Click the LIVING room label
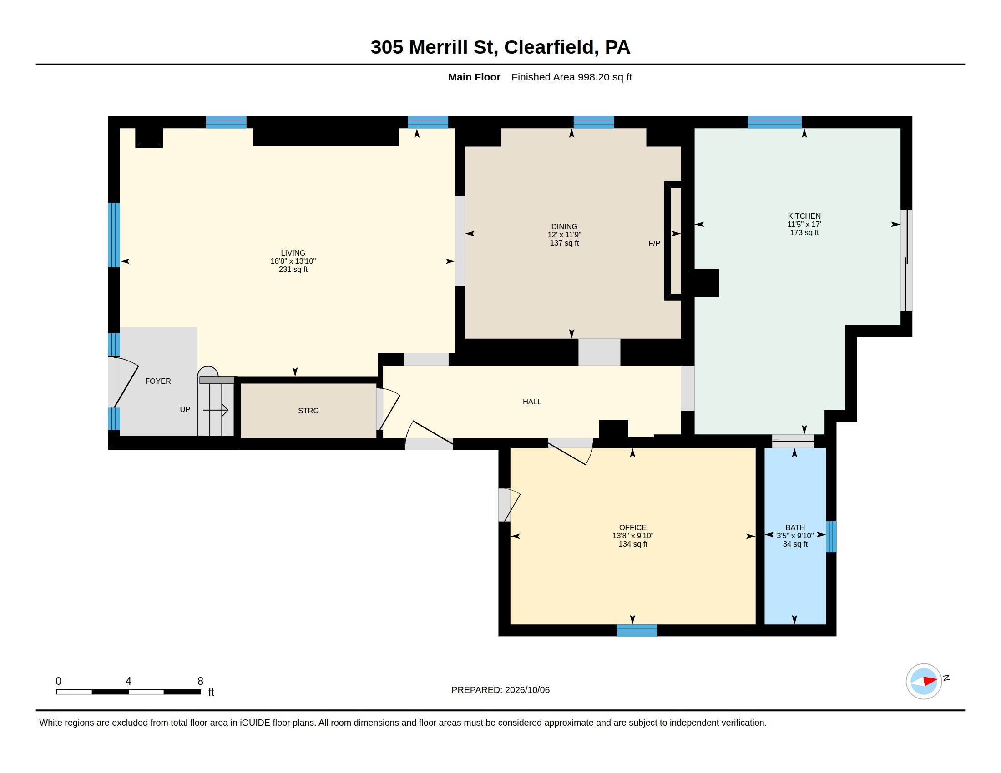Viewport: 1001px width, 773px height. (x=293, y=253)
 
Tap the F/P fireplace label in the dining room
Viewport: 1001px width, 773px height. (x=654, y=244)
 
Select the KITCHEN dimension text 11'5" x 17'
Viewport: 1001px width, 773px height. (x=804, y=224)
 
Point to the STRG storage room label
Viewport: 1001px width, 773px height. (x=308, y=411)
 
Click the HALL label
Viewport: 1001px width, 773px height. (x=531, y=402)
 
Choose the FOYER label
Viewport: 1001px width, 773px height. (x=158, y=381)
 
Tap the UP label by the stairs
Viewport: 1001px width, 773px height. (x=185, y=409)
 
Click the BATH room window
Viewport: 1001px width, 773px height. (x=831, y=537)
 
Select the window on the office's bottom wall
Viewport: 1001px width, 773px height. (x=637, y=631)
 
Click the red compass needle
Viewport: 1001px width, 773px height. (x=930, y=681)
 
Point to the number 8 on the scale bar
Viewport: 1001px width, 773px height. (x=200, y=681)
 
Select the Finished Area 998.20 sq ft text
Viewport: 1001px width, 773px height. (x=571, y=77)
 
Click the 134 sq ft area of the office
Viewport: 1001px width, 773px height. (x=632, y=544)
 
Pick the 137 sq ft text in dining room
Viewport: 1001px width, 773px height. (x=564, y=243)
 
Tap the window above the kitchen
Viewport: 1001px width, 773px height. (x=774, y=122)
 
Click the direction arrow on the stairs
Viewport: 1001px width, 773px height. (x=215, y=410)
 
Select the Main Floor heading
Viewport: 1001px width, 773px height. (x=474, y=77)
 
